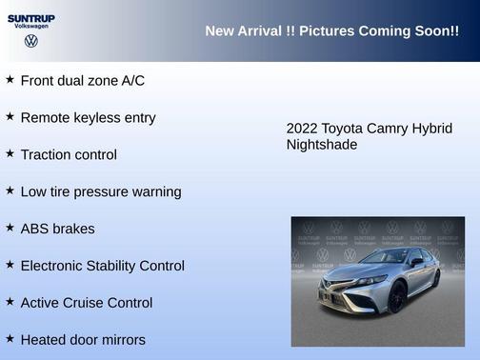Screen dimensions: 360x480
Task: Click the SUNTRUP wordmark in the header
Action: click(x=31, y=18)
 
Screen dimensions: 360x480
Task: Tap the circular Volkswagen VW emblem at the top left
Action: click(x=31, y=41)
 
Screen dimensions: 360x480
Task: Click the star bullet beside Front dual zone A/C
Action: click(x=10, y=79)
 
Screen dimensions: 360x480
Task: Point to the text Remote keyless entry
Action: click(x=88, y=117)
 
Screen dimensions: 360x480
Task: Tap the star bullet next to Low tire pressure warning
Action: click(x=10, y=190)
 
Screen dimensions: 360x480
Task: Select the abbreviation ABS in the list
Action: click(x=34, y=229)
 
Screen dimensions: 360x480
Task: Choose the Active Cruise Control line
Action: click(x=86, y=303)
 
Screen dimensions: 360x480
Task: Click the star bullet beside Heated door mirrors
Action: click(x=10, y=338)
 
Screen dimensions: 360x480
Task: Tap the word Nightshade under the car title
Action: click(x=322, y=145)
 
